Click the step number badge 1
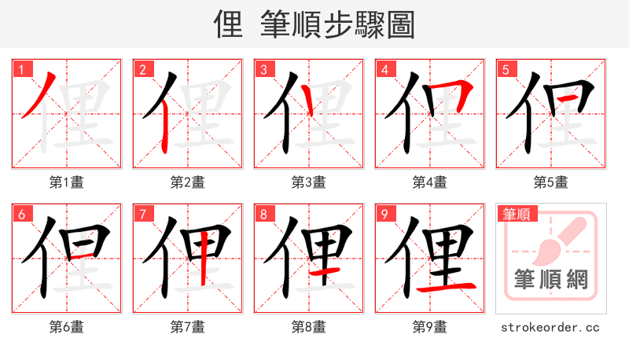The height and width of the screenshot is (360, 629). coord(20,69)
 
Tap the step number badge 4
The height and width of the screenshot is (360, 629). coord(384,69)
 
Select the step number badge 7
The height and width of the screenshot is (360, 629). coord(142,214)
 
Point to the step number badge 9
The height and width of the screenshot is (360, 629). coord(384,214)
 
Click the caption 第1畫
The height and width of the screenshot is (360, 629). coord(67,182)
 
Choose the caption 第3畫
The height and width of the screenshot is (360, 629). coord(309,182)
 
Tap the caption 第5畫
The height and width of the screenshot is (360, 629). coord(551,182)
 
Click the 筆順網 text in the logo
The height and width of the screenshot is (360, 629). coord(551,279)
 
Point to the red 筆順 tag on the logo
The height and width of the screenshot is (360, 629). coord(517,214)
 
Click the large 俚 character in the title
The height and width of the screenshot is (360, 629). coord(230,26)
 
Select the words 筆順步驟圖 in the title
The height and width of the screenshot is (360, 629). coord(338,26)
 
